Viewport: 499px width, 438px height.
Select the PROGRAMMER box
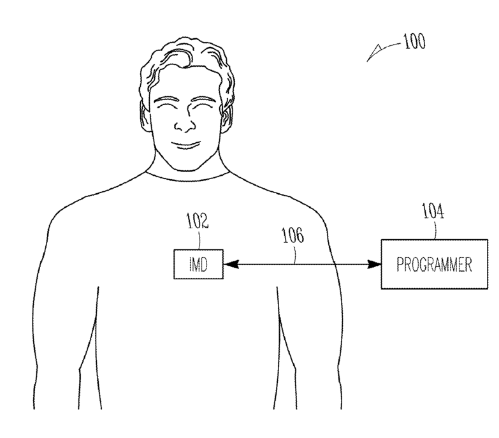tap(435, 264)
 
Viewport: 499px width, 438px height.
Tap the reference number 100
tap(413, 43)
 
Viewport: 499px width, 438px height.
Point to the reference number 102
tap(197, 221)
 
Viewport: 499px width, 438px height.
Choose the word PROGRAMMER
tap(435, 265)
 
